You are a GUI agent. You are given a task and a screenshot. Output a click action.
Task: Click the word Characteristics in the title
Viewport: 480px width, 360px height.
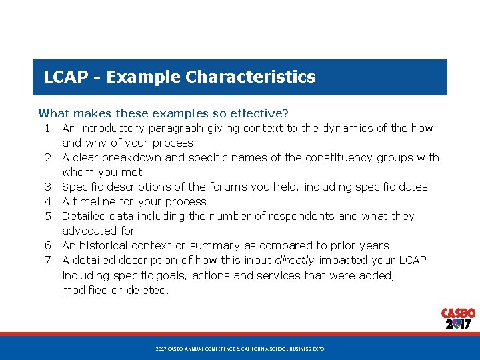pyautogui.click(x=251, y=77)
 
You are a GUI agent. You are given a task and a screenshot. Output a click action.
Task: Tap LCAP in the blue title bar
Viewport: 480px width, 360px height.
pyautogui.click(x=65, y=77)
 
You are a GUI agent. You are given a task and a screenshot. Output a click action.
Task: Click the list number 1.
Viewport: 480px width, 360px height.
pyautogui.click(x=50, y=128)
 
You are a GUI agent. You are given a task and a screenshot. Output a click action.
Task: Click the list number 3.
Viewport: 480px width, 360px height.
pyautogui.click(x=50, y=187)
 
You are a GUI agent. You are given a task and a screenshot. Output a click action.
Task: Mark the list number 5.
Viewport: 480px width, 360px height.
pyautogui.click(x=50, y=216)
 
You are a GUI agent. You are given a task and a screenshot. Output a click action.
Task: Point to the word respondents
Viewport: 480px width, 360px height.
pyautogui.click(x=263, y=216)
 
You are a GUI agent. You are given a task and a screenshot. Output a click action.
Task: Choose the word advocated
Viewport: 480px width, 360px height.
pyautogui.click(x=89, y=231)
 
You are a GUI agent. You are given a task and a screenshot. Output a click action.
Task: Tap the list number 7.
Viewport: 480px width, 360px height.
pyautogui.click(x=50, y=260)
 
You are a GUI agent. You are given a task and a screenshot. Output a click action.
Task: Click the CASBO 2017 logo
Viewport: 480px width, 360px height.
pyautogui.click(x=458, y=319)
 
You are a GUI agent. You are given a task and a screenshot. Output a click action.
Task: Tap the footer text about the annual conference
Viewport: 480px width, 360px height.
pyautogui.click(x=239, y=349)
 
